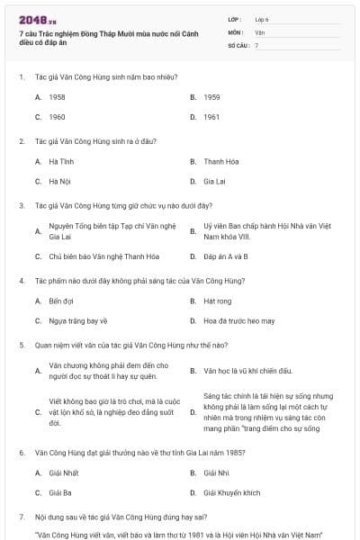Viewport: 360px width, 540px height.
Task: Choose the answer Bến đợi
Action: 61,301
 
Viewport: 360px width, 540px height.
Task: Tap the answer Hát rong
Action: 218,301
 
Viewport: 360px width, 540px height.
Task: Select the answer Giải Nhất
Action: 64,472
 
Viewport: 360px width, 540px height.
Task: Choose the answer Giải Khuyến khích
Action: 231,493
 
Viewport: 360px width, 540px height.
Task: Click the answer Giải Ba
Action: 60,493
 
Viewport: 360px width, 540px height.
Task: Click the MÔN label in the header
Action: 236,31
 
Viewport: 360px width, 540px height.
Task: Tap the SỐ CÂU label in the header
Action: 238,44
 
